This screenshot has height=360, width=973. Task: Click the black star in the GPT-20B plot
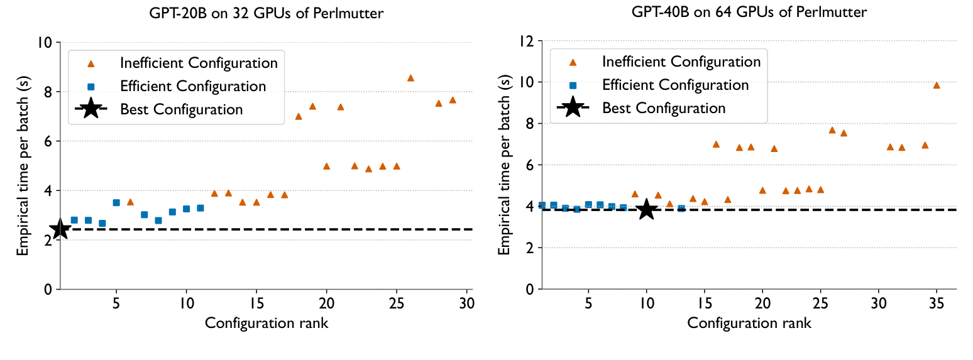pyautogui.click(x=60, y=229)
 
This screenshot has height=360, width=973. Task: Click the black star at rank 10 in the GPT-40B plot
pyautogui.click(x=646, y=210)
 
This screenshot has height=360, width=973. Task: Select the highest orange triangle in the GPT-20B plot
pyautogui.click(x=410, y=78)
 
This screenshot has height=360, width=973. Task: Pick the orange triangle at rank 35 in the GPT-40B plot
pyautogui.click(x=936, y=85)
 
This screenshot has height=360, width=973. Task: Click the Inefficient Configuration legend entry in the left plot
pyautogui.click(x=199, y=63)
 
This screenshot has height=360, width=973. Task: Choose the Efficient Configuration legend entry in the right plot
pyautogui.click(x=675, y=85)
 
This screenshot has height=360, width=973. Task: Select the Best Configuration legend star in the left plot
pyautogui.click(x=91, y=109)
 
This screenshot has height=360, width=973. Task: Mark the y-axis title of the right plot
pyautogui.click(x=503, y=165)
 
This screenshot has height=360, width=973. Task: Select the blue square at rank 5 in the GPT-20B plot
pyautogui.click(x=116, y=202)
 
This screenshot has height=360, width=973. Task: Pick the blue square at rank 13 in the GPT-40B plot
pyautogui.click(x=681, y=208)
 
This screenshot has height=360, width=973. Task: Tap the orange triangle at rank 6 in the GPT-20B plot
pyautogui.click(x=130, y=202)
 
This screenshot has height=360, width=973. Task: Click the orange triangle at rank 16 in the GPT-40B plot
pyautogui.click(x=716, y=145)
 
